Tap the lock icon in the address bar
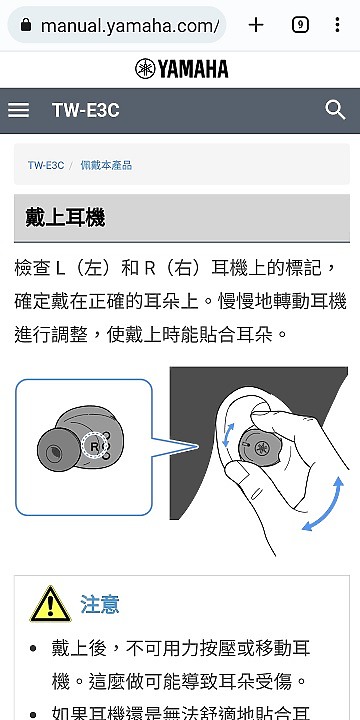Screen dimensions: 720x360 [x=26, y=25]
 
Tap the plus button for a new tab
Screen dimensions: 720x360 [x=256, y=25]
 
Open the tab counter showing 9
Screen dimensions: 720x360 [x=300, y=25]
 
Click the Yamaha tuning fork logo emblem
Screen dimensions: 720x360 [x=144, y=69]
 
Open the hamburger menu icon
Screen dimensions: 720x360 [x=19, y=110]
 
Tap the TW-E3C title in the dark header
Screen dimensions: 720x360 [x=85, y=110]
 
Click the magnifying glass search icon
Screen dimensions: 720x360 [x=335, y=110]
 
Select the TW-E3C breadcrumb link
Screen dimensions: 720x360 [x=45, y=164]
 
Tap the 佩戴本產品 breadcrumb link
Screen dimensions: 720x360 [x=106, y=164]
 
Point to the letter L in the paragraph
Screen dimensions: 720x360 [x=59, y=269]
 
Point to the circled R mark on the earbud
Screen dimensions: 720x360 [x=96, y=444]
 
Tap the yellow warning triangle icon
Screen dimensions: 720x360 [x=49, y=603]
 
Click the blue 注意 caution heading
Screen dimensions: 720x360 [x=100, y=604]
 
